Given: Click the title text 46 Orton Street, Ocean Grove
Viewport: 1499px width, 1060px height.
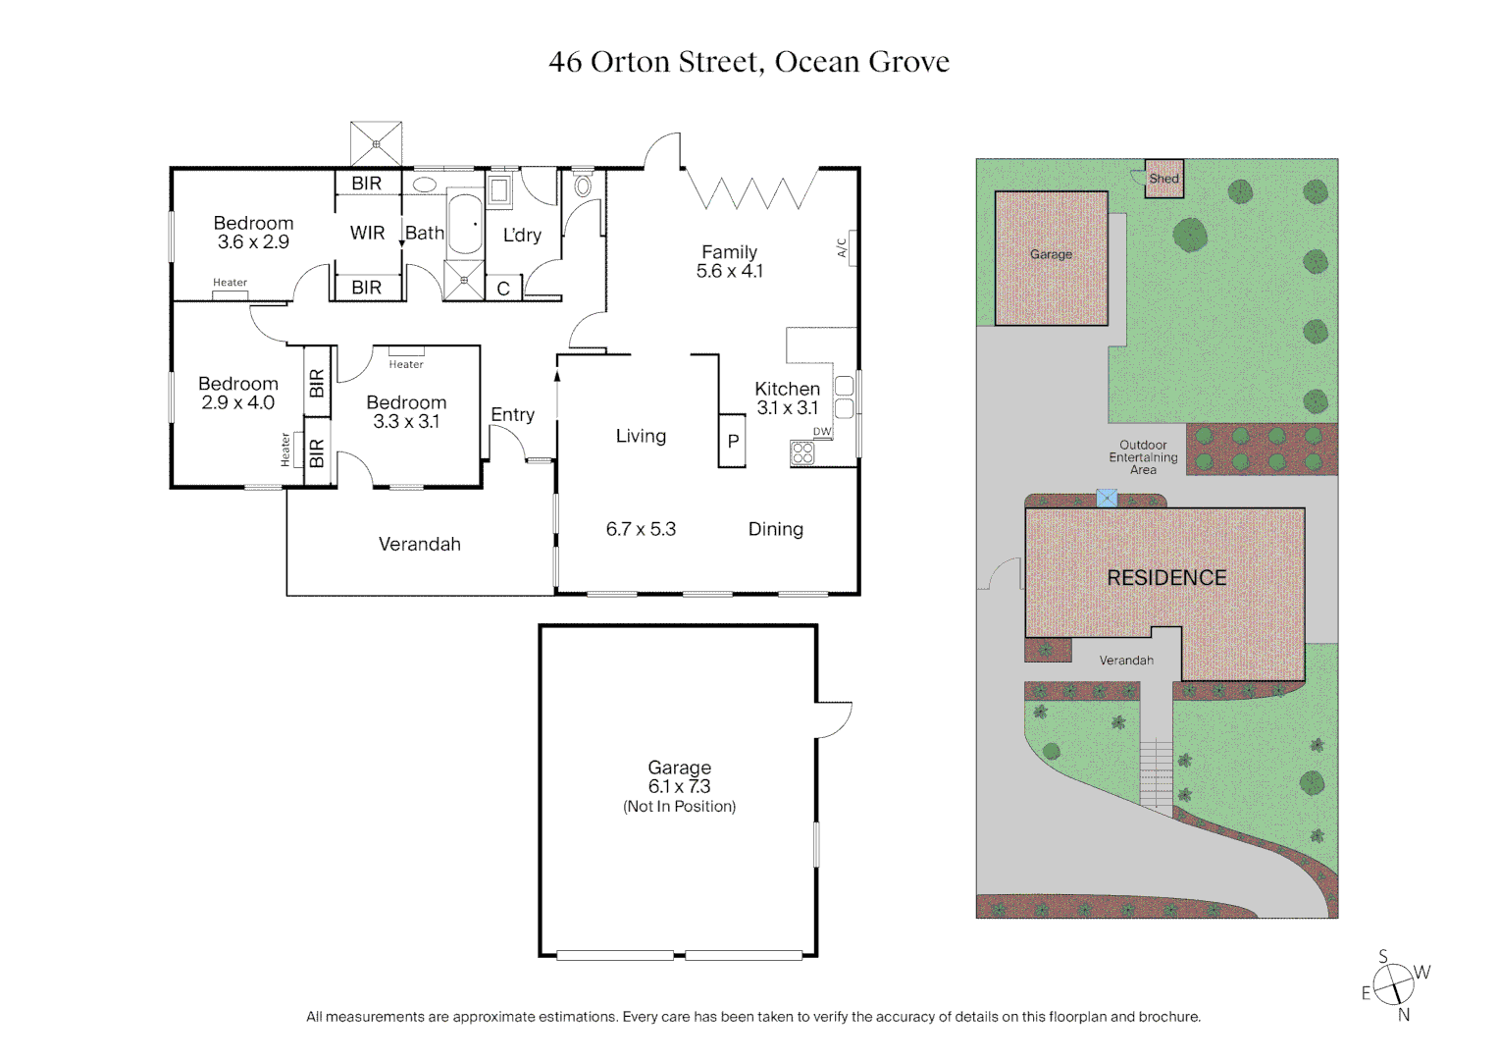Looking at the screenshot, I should click(749, 62).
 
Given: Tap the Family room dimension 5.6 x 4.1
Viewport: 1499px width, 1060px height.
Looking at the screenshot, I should click(729, 272).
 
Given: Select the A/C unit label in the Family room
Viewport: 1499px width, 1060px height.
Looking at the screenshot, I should click(843, 247).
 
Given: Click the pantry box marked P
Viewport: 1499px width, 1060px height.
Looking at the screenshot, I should click(732, 442).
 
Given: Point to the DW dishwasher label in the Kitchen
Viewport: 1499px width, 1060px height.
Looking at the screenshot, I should click(822, 432).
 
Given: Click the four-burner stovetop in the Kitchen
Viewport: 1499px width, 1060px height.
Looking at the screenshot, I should click(802, 452).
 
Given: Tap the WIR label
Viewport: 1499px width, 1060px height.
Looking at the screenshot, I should click(367, 233).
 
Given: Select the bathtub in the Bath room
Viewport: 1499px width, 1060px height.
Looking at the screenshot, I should click(465, 225).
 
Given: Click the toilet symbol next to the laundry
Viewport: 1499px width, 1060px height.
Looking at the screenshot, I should click(583, 185).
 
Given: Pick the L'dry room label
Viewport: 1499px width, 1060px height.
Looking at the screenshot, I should click(522, 235).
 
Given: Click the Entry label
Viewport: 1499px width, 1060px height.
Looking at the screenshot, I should click(512, 415).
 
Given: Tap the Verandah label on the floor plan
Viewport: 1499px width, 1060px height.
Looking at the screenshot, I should click(419, 545).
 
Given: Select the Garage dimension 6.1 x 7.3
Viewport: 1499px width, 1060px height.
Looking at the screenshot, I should click(679, 787).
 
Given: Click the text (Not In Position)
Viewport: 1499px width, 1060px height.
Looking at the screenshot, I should click(679, 807).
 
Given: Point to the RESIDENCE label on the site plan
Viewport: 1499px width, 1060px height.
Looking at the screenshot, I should click(1166, 578).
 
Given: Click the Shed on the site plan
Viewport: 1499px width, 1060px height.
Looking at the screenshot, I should click(1163, 179).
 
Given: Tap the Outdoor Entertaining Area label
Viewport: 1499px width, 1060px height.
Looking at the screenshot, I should click(1143, 457).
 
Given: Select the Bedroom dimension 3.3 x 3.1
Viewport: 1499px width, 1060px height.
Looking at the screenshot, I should click(406, 422).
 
